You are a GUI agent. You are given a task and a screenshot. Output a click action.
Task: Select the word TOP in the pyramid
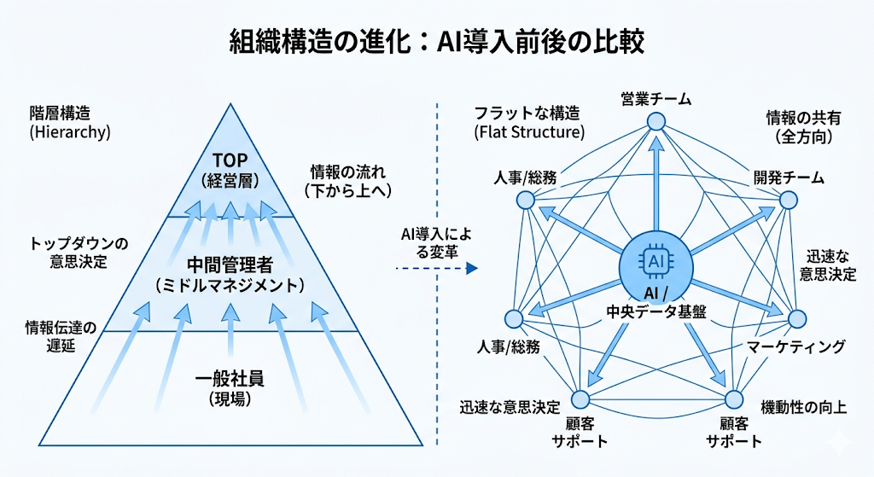pyautogui.click(x=229, y=160)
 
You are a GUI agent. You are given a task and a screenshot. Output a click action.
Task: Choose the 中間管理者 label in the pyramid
pyautogui.click(x=229, y=262)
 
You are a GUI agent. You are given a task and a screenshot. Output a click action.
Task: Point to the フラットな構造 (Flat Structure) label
pyautogui.click(x=528, y=122)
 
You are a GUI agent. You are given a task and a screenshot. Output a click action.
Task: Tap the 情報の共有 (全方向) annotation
pyautogui.click(x=798, y=126)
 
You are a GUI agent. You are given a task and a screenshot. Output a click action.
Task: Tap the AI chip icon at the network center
pyautogui.click(x=655, y=259)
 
